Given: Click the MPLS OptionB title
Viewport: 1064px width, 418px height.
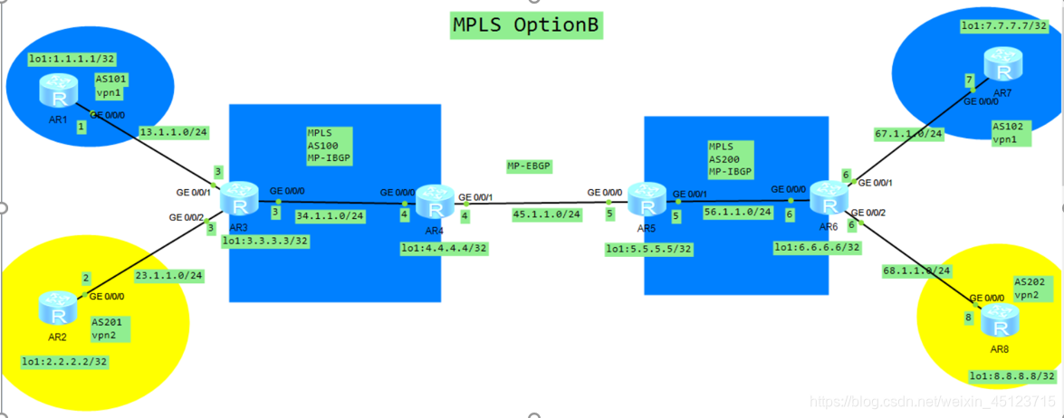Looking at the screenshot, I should (527, 25).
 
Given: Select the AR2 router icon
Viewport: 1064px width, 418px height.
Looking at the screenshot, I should (59, 309).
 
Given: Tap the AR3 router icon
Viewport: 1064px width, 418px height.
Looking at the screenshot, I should (240, 196).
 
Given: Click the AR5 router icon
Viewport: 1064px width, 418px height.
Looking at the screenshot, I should (646, 197).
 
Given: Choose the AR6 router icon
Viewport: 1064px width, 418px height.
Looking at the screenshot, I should (827, 196).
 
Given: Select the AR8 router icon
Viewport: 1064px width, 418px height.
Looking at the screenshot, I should (1000, 318).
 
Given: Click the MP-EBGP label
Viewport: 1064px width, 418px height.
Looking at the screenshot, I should (530, 166).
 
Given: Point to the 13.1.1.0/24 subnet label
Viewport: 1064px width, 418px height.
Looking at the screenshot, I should (172, 132).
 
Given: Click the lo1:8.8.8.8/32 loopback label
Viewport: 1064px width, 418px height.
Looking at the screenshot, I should (1011, 376).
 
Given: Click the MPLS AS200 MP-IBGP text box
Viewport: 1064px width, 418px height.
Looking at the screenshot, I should (731, 157).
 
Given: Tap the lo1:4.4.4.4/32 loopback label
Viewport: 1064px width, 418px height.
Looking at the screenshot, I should (445, 247).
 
